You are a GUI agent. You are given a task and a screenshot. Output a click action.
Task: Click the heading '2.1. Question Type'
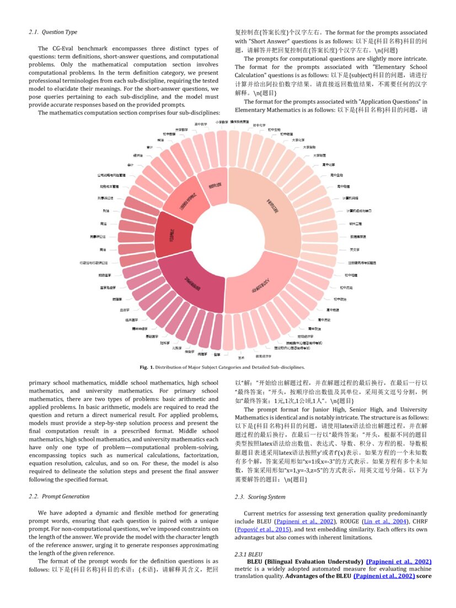[53, 32]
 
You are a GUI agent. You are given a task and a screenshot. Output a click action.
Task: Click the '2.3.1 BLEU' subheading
[249, 553]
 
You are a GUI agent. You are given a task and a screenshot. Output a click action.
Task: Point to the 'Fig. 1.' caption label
[147, 367]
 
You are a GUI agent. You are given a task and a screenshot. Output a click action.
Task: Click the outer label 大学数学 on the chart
[183, 130]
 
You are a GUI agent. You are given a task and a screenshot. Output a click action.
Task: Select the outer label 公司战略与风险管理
[111, 175]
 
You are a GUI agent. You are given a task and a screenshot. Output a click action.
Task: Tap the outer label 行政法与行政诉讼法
[97, 262]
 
